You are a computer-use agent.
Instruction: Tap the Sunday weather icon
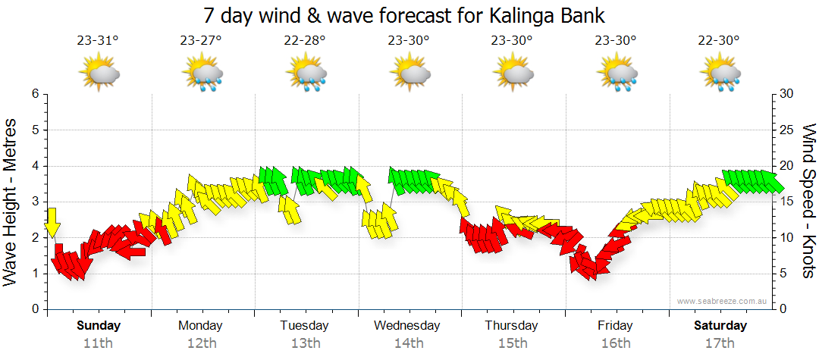99,74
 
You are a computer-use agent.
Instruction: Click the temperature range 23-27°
201,41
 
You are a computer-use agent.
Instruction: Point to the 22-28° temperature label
305,41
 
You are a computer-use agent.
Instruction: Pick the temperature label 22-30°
719,41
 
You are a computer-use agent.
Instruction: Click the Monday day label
200,326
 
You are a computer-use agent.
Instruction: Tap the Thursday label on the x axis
511,326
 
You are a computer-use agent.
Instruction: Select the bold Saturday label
720,326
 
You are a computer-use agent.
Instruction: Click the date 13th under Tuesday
305,343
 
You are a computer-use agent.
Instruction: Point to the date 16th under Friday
615,343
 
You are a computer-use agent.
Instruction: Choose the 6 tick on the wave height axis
34,94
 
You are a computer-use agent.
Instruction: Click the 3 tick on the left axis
34,202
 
